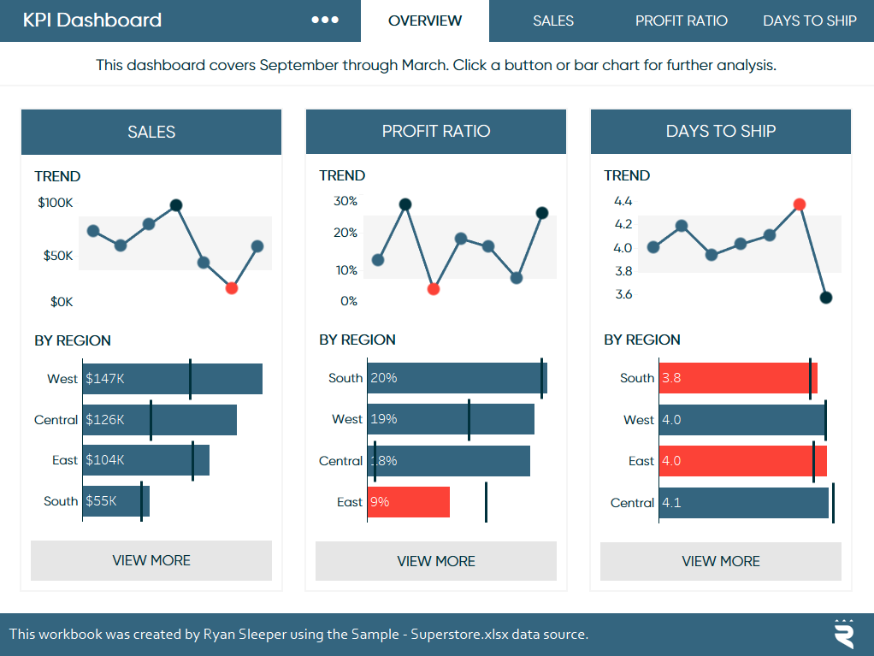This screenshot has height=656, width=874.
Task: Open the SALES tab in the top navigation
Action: coord(552,21)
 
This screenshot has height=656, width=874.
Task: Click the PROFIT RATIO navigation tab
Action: coord(681,21)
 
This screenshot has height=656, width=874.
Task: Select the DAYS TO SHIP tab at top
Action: coord(809,21)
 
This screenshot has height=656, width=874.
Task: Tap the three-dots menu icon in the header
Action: coord(325,21)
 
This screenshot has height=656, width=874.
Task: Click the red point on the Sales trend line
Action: coord(232,288)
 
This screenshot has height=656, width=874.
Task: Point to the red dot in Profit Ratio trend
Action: coord(434,289)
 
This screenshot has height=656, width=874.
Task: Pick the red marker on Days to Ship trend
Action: coord(800,204)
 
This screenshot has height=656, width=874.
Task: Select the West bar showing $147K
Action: coord(172,379)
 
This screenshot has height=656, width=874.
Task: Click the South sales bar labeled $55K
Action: coord(116,501)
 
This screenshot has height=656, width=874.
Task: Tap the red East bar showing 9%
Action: coord(409,502)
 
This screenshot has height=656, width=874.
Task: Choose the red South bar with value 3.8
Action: coord(738,378)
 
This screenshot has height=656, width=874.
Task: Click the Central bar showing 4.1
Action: coord(744,503)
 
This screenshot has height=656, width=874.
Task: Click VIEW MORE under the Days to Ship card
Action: coord(720,561)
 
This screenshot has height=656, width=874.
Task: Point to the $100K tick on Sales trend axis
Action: coord(56,203)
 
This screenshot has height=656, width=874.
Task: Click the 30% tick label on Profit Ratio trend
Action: coord(345,202)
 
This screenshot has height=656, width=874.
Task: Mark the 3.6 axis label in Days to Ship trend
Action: coord(623,294)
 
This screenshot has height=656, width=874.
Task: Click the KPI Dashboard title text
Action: coord(92,21)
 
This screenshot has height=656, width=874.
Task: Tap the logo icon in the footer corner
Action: coord(844,634)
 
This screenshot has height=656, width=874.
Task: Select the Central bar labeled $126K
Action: coord(159,420)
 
